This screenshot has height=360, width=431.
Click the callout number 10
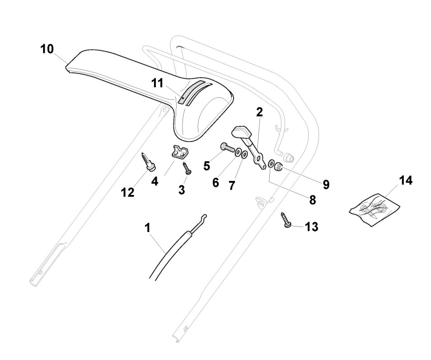[47, 49]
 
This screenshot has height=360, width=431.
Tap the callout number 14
[406, 180]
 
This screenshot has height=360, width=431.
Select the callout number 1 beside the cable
[147, 228]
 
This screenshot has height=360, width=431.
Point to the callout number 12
[127, 192]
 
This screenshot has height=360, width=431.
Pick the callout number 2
[259, 113]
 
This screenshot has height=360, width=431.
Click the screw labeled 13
[287, 221]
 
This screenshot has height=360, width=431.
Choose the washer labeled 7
[244, 155]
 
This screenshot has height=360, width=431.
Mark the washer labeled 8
[271, 164]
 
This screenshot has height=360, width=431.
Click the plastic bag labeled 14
[375, 208]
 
